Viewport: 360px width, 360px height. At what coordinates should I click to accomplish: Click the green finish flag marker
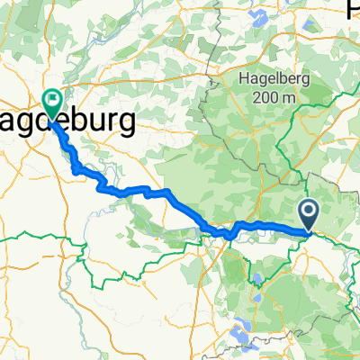[x=51, y=103]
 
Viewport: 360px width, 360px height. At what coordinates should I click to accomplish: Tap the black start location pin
[x=308, y=213]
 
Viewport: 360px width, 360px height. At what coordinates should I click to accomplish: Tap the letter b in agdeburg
[x=84, y=120]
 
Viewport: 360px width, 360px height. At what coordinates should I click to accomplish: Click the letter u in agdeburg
[x=101, y=121]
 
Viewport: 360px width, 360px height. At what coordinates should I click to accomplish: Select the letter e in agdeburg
[x=66, y=121]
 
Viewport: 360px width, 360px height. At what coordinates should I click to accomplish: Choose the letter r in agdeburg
[x=115, y=121]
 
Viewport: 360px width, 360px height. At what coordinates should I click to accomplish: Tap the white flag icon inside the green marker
[x=51, y=101]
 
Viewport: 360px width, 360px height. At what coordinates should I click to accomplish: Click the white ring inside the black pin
[x=308, y=211]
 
